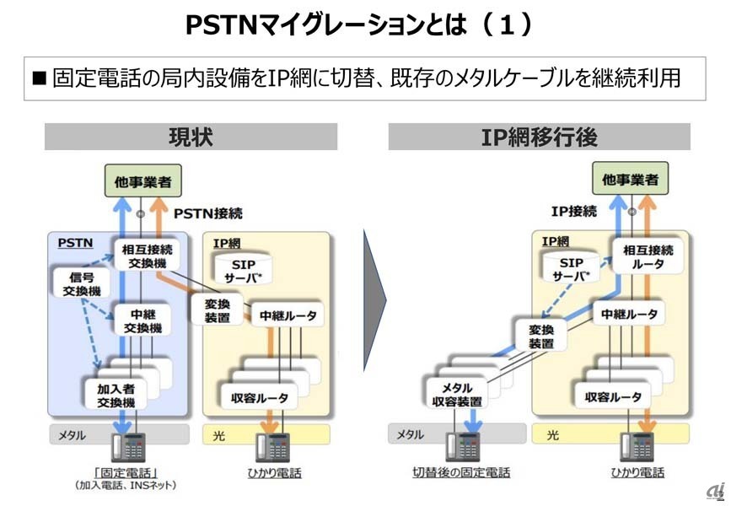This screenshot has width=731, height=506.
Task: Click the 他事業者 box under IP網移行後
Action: [630, 179]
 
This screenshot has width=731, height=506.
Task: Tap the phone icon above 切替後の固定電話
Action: [463, 445]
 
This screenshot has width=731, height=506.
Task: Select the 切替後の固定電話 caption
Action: [461, 473]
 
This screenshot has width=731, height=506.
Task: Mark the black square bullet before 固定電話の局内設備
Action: [40, 79]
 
